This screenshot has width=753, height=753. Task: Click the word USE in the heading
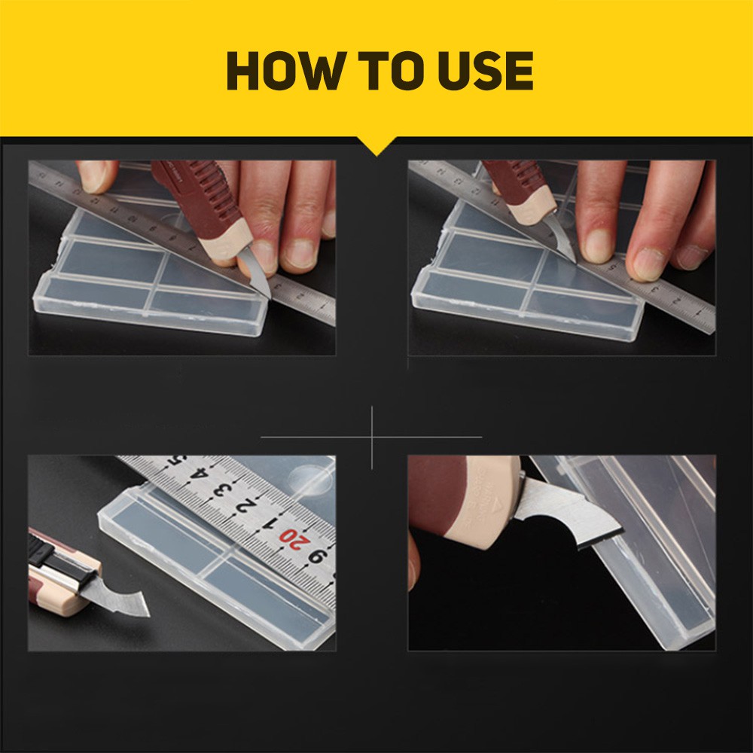point(485,71)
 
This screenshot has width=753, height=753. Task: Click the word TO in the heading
point(392,71)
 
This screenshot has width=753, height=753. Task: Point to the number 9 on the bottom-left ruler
point(317,556)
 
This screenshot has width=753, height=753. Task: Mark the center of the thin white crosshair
point(372,437)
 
